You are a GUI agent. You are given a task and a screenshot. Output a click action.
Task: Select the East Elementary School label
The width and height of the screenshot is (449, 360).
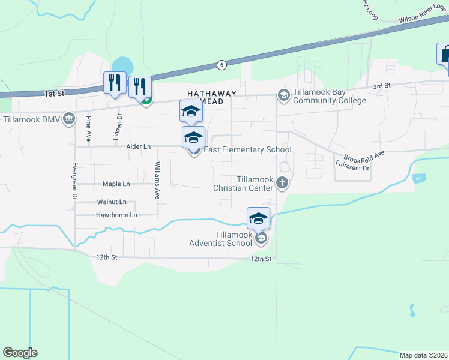click(247, 149)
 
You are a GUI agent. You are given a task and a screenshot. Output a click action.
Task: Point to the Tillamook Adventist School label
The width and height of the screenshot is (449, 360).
click(220, 239)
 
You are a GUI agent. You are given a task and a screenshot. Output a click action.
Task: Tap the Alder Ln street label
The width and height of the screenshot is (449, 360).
click(138, 146)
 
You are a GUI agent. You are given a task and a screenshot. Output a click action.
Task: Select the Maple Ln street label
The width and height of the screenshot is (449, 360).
click(116, 184)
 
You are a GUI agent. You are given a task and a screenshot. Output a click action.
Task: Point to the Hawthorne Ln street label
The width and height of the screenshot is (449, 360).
click(116, 215)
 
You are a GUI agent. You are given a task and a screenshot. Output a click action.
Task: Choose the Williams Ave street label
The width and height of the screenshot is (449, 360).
click(157, 180)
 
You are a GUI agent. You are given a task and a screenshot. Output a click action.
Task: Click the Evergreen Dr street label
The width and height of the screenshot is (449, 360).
click(76, 180)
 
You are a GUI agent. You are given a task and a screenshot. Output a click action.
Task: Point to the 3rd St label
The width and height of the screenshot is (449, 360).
click(381, 86)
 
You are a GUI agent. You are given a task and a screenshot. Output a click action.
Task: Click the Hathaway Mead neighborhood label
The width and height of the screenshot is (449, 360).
click(208, 98)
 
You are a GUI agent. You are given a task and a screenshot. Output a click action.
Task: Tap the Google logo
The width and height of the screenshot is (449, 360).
click(20, 353)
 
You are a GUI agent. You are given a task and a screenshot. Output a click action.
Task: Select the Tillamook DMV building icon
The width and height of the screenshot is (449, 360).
click(70, 117)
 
